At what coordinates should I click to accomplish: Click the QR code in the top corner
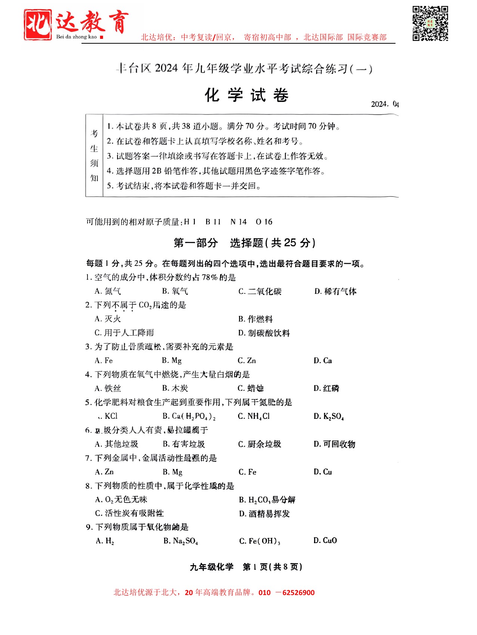tap(430, 23)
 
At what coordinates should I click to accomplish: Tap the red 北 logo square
tap(38, 25)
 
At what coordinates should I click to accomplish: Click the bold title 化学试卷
tap(247, 96)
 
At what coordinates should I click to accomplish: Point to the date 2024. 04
tap(385, 104)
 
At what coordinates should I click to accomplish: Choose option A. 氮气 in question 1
tap(108, 291)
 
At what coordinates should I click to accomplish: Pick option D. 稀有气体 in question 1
tap(335, 291)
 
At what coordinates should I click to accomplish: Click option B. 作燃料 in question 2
tap(256, 319)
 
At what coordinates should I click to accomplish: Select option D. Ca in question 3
tap(323, 361)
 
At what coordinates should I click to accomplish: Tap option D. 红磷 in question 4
tap(326, 388)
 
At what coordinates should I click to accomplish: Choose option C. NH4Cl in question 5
tap(254, 416)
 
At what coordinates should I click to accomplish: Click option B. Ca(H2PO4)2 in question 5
tap(189, 416)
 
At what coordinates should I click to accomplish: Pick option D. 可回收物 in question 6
tap(335, 444)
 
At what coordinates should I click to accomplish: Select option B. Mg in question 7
tap(173, 472)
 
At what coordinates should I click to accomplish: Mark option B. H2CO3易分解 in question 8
tap(267, 500)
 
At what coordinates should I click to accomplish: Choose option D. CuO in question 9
tap(325, 541)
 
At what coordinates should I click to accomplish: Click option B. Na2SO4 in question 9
tap(181, 541)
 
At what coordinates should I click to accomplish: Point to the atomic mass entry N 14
tap(238, 222)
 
